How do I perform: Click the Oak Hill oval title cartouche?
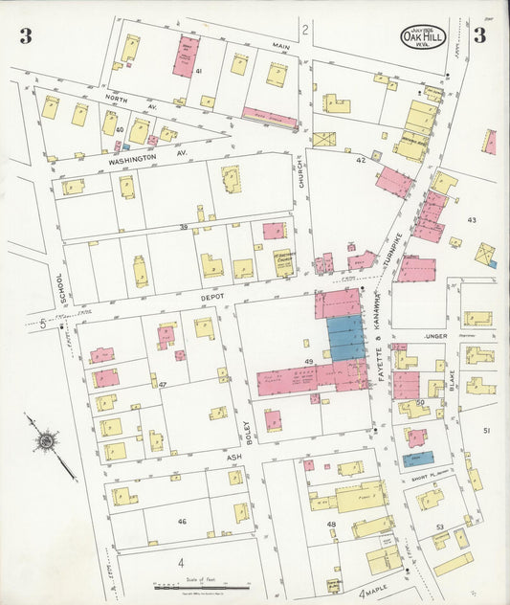click(423, 37)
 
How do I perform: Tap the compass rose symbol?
click(45, 441)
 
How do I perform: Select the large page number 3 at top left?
click(26, 37)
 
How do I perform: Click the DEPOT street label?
click(211, 298)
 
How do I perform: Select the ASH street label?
click(233, 459)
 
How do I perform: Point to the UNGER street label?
click(438, 336)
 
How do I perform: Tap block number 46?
click(181, 522)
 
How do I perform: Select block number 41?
click(198, 72)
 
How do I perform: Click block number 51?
click(486, 431)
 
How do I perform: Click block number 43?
click(471, 220)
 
